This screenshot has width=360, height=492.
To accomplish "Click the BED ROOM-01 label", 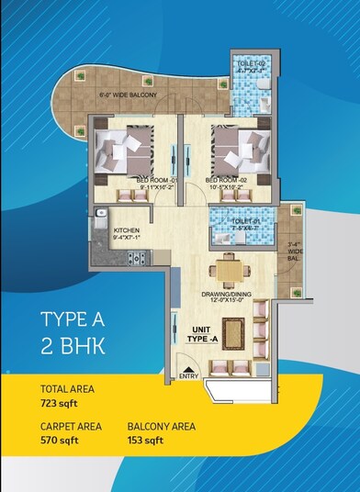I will pyautogui.click(x=152, y=180).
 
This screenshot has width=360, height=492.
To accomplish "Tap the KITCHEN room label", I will pyautogui.click(x=128, y=231).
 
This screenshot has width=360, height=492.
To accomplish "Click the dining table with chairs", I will pyautogui.click(x=228, y=272).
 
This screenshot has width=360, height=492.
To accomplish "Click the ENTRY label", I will pyautogui.click(x=189, y=375).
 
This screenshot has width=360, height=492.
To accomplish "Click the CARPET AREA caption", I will pyautogui.click(x=71, y=427).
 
